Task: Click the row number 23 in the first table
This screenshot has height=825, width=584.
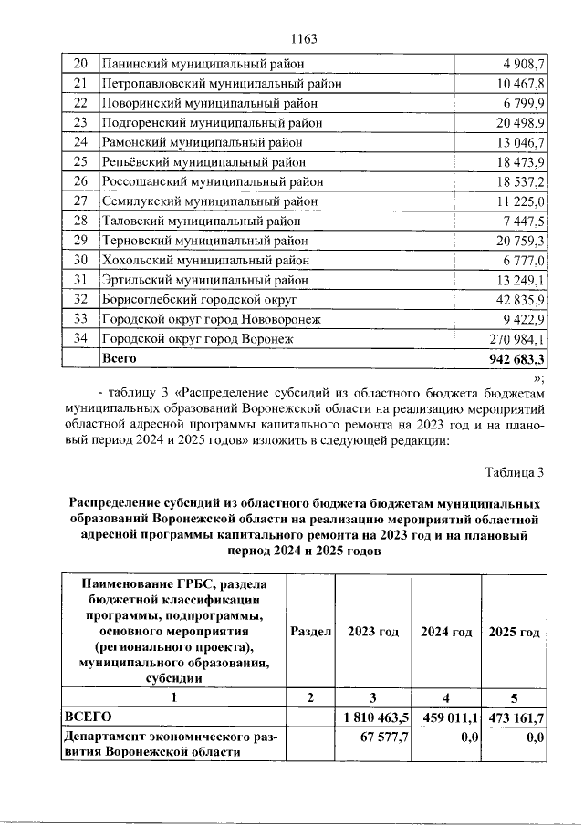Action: click(x=79, y=122)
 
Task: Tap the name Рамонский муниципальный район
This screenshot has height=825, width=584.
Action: click(x=201, y=142)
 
